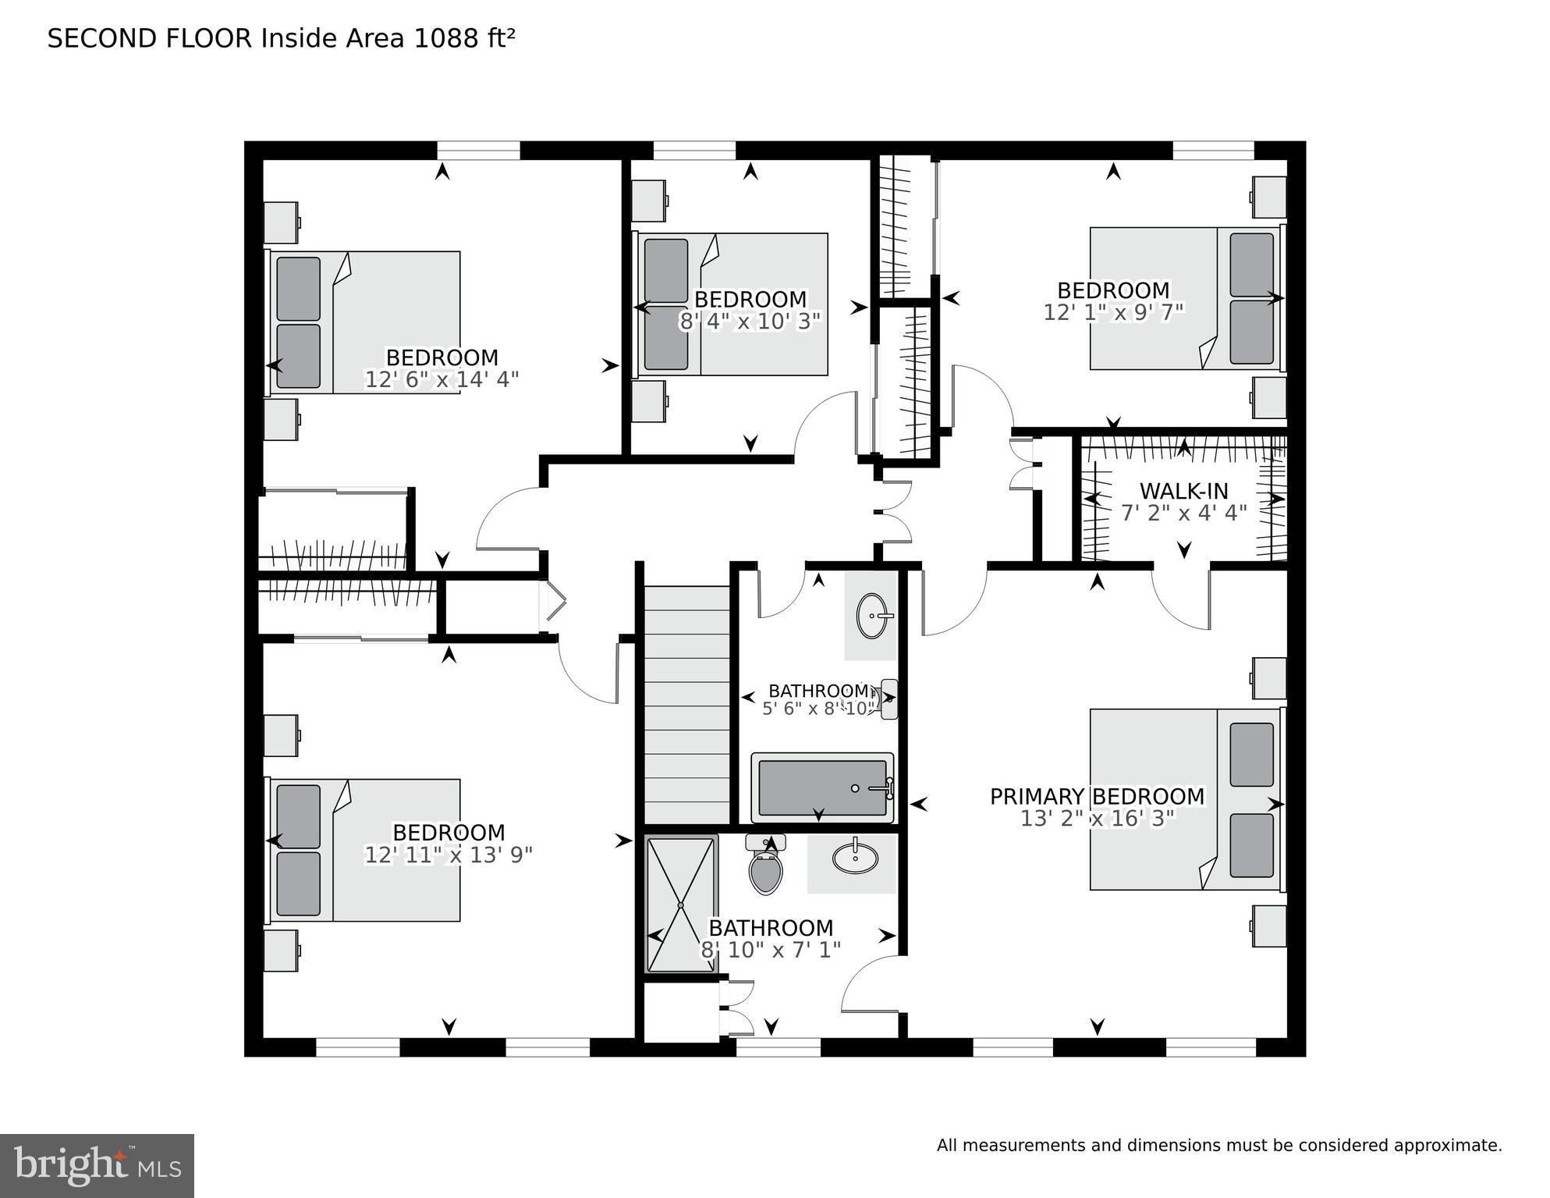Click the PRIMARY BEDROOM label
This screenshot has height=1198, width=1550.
1097,796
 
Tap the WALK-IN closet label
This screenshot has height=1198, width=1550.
1183,491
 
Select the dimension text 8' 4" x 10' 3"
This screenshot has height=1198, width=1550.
750,322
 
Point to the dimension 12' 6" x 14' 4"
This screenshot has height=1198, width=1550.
442,379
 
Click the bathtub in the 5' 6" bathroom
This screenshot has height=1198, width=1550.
821,788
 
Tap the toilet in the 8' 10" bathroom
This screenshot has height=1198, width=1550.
765,868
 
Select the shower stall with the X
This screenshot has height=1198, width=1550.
681,905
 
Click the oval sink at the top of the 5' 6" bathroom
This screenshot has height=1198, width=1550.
872,615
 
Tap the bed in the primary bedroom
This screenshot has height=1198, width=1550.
1186,799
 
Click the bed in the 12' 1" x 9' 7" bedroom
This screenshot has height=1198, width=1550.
1186,298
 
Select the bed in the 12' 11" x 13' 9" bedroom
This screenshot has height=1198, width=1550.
364,850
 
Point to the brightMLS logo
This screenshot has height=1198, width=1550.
98,1166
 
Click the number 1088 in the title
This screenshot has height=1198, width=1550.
438,38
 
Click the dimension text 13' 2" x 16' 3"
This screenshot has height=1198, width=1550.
1097,819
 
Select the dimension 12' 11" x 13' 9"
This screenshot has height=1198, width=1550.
448,855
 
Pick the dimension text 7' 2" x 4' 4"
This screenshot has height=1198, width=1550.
1183,513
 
